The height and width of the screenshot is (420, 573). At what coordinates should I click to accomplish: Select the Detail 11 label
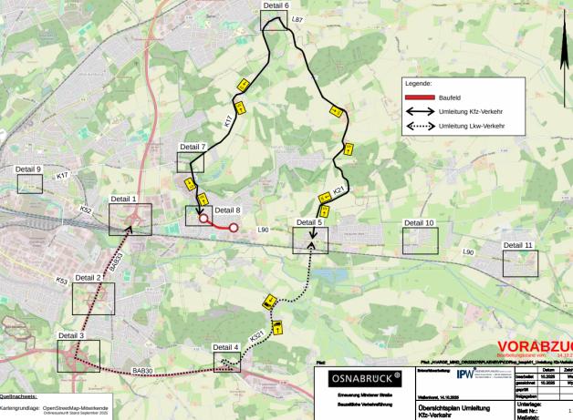(x=517, y=245)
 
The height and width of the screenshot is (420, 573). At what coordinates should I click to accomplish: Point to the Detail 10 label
(x=420, y=222)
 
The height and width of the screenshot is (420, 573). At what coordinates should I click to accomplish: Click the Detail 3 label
(x=71, y=335)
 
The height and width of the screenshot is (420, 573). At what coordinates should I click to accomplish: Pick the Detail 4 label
(x=225, y=347)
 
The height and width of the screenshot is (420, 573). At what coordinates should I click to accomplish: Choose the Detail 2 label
(x=88, y=277)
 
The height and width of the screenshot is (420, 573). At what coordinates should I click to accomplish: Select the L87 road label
(x=296, y=18)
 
